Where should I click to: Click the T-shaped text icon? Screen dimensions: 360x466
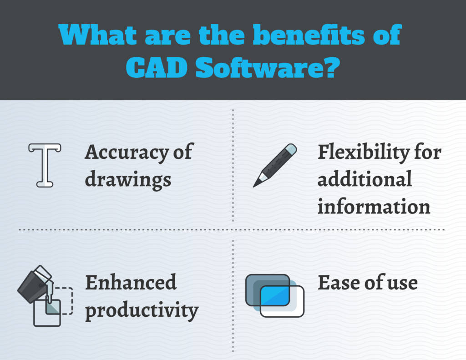click(45, 165)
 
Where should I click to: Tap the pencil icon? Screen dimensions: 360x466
click(275, 165)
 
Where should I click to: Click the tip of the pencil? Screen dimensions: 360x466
click(256, 184)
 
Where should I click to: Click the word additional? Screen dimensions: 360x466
click(365, 179)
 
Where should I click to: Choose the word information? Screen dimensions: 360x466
click(374, 207)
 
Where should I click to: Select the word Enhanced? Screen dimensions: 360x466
click(131, 283)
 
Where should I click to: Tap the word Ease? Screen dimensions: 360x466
click(336, 283)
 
